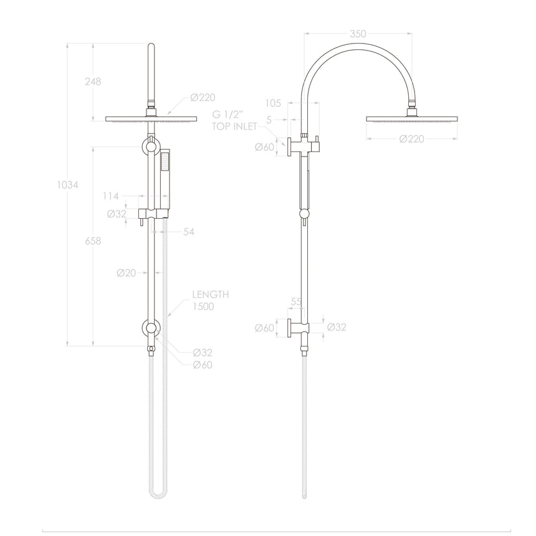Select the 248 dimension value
point(93,81)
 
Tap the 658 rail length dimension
point(93,241)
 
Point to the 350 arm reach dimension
point(358,34)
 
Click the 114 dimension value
point(110,196)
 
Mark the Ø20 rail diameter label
point(127,272)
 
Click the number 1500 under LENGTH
point(202,307)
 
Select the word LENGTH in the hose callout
point(210,295)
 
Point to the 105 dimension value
point(273,103)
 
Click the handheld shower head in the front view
point(164,175)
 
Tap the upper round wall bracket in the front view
point(150,148)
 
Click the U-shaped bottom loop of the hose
point(157,495)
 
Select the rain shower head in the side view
point(412,118)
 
